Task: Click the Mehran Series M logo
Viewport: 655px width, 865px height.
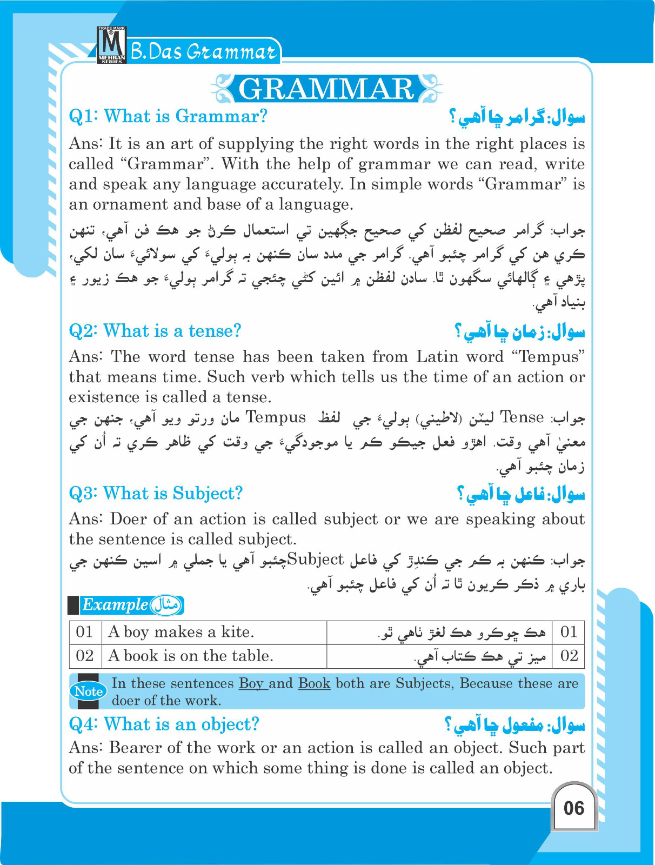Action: click(111, 45)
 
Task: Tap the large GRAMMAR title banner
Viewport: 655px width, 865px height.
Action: click(326, 89)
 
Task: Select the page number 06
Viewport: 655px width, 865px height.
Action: click(573, 808)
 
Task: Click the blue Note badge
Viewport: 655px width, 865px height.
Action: click(88, 691)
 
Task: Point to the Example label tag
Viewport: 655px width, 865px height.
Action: click(131, 605)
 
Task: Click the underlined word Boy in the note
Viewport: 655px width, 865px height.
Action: click(252, 683)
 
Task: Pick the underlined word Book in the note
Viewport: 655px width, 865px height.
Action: click(314, 683)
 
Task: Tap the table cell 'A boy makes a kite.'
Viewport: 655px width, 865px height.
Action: click(181, 632)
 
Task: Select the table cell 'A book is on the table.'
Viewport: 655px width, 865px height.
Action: click(191, 656)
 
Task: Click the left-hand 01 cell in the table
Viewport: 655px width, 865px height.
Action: click(85, 632)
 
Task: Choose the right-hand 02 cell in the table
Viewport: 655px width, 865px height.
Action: click(569, 656)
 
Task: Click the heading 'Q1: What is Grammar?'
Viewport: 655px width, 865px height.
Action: click(168, 116)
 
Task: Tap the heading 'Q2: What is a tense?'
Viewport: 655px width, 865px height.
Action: click(155, 331)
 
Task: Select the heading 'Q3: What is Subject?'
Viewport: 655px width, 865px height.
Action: click(156, 493)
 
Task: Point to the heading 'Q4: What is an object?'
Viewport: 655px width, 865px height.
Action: click(164, 724)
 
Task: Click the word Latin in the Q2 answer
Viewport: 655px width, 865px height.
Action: click(438, 357)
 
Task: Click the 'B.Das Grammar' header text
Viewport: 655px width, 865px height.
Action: click(204, 52)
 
